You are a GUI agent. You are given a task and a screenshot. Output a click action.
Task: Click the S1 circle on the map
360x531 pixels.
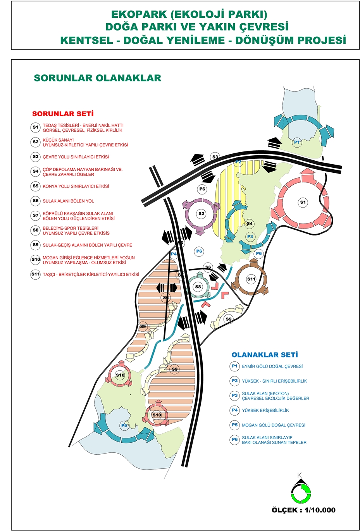pos(303,202)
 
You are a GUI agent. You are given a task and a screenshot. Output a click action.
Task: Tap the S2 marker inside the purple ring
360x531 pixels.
pos(201,213)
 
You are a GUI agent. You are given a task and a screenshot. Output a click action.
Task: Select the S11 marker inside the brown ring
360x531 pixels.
pos(251,279)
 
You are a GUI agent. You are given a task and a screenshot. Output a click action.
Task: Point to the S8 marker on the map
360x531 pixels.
pos(198,287)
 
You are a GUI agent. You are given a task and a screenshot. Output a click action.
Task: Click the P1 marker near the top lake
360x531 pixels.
pos(297,142)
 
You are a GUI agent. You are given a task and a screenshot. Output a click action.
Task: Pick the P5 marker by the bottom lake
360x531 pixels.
pos(124,425)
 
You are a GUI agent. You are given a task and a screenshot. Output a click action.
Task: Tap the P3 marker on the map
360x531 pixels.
pos(250,236)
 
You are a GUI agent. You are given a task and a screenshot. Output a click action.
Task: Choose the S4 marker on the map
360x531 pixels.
pos(250,223)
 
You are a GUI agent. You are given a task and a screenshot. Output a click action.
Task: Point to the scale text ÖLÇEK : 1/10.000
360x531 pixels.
pos(303,510)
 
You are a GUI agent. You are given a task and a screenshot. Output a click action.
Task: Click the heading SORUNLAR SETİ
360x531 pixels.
pos(63,113)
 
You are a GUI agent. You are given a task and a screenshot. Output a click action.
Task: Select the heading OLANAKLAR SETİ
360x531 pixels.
pos(265,355)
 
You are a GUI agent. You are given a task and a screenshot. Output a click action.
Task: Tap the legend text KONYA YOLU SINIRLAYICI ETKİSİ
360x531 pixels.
pos(76,186)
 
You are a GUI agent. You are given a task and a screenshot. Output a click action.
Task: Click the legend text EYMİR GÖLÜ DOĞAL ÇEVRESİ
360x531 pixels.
pos(272,366)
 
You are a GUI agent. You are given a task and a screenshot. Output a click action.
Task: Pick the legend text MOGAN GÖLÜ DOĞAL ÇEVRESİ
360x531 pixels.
pos(273,425)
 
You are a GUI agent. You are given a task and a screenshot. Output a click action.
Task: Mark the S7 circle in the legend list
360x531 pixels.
pos(36,215)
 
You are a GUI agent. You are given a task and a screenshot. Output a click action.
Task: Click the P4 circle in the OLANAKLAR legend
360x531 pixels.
pos(235,410)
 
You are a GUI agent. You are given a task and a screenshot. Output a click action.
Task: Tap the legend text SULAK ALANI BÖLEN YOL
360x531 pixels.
pos(68,201)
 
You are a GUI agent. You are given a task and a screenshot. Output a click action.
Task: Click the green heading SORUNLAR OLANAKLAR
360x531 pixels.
pos(97,78)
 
